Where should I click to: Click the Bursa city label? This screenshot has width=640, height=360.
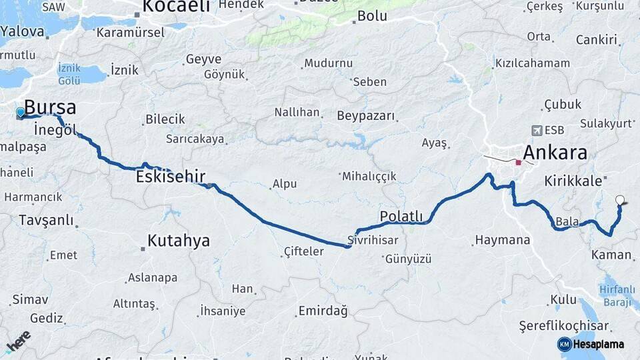[x=50, y=107]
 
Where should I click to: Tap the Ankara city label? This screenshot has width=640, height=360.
[x=555, y=153]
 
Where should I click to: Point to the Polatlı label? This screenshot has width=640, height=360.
[x=401, y=216]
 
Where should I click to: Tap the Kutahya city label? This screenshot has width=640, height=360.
[x=179, y=241]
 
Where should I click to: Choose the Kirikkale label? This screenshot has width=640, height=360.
[x=574, y=181]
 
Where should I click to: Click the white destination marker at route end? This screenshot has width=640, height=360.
[x=621, y=199]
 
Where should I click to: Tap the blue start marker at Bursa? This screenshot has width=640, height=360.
[x=21, y=112]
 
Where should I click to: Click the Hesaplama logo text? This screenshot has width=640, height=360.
[x=599, y=345]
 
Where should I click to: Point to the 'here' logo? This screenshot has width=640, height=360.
[x=18, y=341]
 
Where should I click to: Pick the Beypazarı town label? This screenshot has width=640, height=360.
[x=366, y=116]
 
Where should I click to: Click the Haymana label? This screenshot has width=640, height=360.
[x=503, y=240]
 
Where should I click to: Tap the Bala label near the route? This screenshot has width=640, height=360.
[x=565, y=221]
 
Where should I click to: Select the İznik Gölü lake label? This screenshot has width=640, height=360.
[x=69, y=74]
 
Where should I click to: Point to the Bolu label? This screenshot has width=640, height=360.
[x=372, y=16]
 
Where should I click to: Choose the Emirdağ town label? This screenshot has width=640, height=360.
[x=323, y=311]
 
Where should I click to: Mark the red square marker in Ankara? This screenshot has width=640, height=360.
[x=518, y=162]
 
